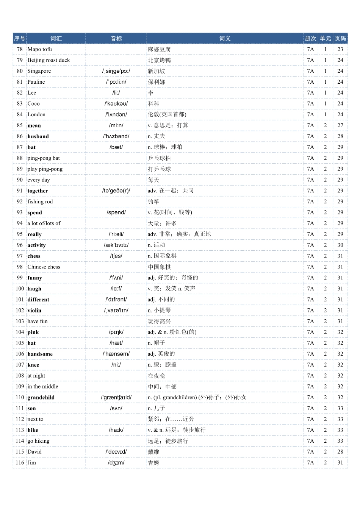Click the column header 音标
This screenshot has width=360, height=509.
coord(116,39)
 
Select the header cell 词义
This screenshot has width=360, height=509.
coord(225,39)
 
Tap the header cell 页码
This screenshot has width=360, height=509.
coord(340,39)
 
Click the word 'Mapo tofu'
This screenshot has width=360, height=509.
coord(40,49)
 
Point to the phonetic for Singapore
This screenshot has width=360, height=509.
coord(116,71)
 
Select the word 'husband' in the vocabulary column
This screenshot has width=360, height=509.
coord(38,136)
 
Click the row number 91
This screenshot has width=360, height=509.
coord(20,191)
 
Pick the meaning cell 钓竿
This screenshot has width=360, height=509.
coord(153,202)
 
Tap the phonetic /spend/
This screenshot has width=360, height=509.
coord(116,212)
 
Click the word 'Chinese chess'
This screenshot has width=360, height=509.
coord(44,267)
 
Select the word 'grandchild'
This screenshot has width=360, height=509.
coord(41,398)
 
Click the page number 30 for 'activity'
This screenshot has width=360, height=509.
coord(340,245)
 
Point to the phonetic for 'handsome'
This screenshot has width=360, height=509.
coord(116,354)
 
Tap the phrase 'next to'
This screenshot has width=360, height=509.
coord(35,419)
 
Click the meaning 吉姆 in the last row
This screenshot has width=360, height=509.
coord(153,463)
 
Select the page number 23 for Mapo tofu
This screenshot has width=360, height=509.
coord(340,49)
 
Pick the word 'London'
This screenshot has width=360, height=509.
coord(36,115)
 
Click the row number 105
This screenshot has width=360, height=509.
coord(20,343)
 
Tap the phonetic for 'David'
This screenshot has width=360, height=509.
coord(116,452)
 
